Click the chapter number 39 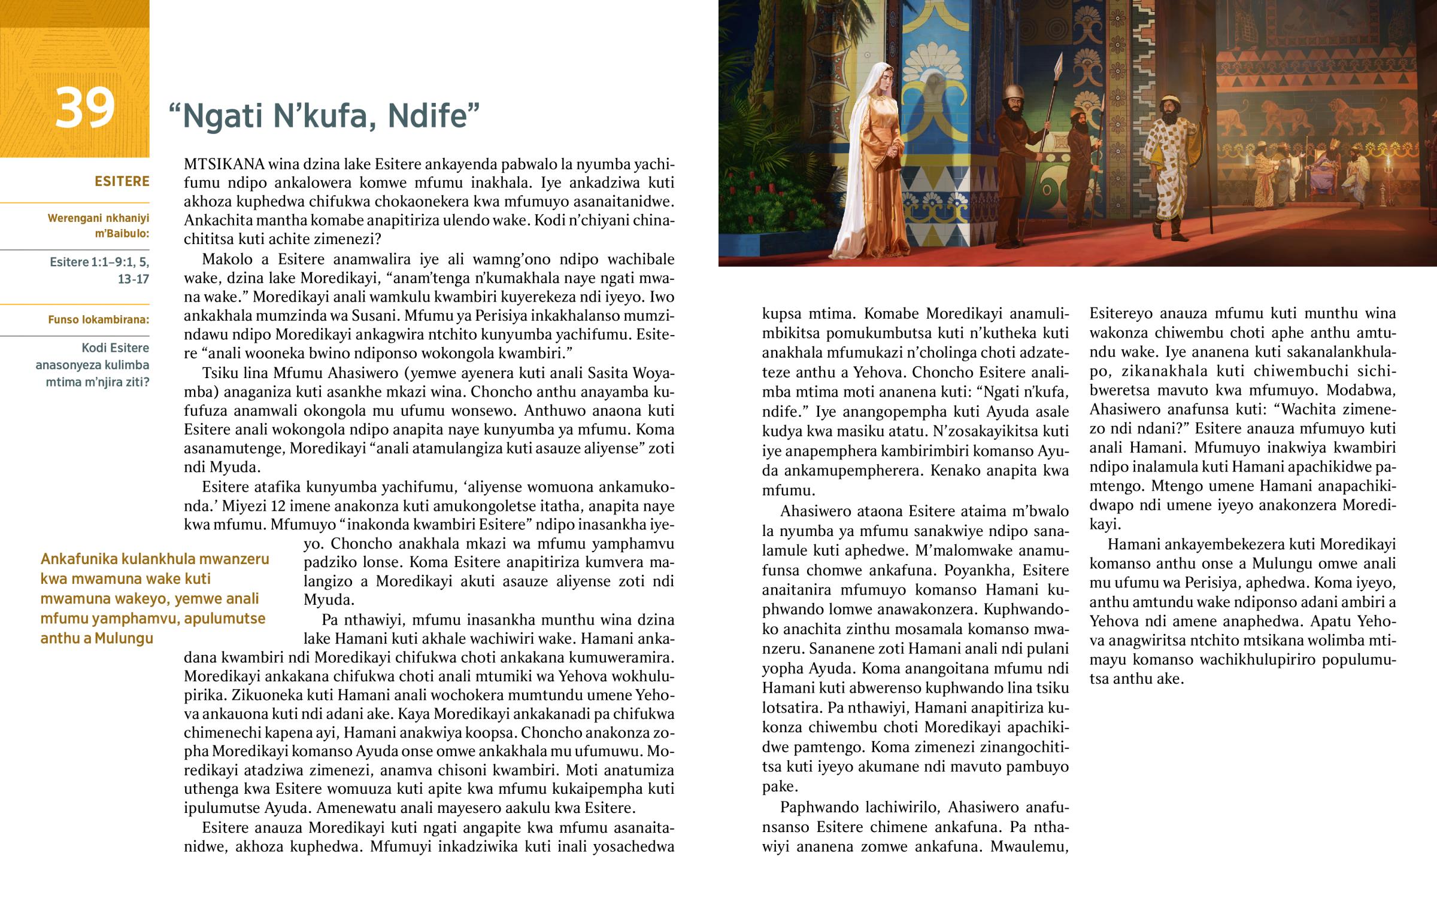(84, 108)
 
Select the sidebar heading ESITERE (122, 182)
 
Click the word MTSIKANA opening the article (225, 165)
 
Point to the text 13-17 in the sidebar (133, 279)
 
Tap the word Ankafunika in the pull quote (78, 559)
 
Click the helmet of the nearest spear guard (1013, 92)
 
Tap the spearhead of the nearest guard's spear (1059, 63)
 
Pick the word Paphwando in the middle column (817, 808)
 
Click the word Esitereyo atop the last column (1119, 313)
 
